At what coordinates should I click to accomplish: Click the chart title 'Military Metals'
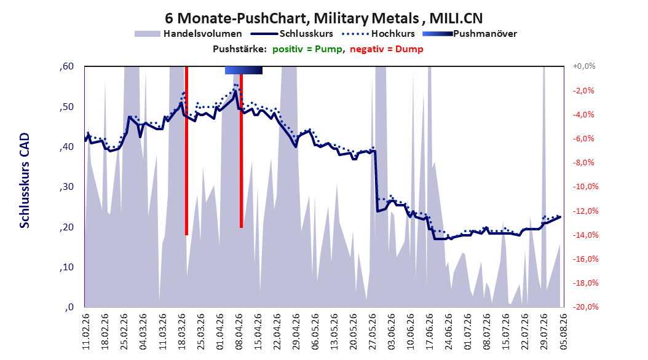(366, 18)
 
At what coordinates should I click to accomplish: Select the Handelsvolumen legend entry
(189, 34)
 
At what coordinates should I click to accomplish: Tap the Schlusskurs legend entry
(292, 34)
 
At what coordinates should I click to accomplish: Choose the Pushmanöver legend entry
(470, 34)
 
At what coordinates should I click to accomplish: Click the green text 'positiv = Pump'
(307, 49)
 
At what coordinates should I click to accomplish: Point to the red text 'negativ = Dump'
(387, 49)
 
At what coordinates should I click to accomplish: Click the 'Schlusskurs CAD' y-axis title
(25, 181)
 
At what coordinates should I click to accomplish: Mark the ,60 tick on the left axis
(66, 66)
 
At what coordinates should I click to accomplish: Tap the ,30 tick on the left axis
(66, 187)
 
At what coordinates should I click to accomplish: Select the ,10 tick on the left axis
(66, 267)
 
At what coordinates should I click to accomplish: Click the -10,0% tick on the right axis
(585, 187)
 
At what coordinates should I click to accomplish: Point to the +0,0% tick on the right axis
(584, 66)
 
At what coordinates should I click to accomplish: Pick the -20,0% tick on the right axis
(585, 307)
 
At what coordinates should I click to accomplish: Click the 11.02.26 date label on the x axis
(86, 332)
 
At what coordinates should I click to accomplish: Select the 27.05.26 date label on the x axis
(373, 332)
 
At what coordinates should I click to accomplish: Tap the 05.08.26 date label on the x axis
(563, 332)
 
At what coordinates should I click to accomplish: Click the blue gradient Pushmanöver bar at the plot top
(244, 71)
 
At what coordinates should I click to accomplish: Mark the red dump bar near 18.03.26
(186, 151)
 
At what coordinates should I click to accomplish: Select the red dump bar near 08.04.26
(242, 151)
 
